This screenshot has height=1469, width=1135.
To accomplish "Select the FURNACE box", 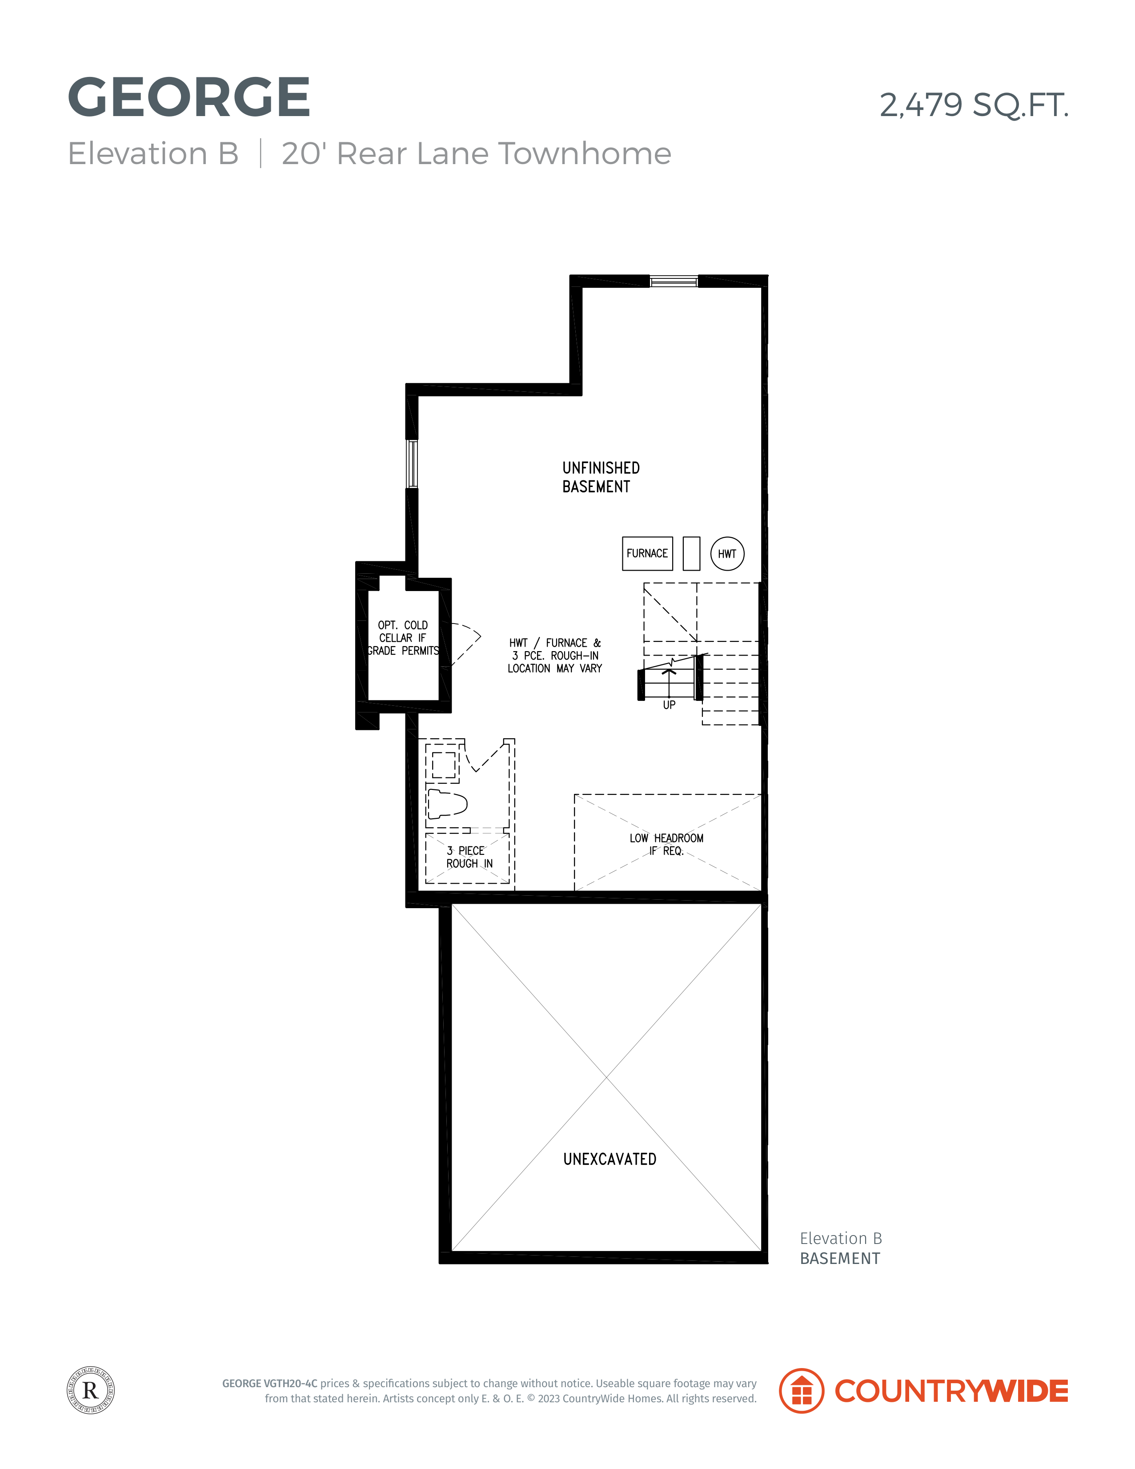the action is [x=647, y=554].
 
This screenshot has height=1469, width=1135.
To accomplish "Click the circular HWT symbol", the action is [x=727, y=554].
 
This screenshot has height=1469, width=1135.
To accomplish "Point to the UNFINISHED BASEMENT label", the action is [x=601, y=477].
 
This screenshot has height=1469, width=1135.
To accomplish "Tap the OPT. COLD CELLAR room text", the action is [x=403, y=638].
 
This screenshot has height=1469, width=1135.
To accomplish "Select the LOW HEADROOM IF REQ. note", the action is [x=666, y=844].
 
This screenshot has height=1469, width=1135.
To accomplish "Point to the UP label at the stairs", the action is [x=669, y=705].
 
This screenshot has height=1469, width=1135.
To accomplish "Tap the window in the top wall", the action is [x=674, y=281].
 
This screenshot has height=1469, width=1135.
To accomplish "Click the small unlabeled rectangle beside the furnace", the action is [x=691, y=554].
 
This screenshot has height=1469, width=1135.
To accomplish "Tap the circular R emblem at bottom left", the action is [x=91, y=1390].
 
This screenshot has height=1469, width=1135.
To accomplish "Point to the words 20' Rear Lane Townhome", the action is [x=476, y=154].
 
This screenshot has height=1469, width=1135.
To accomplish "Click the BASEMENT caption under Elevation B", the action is [x=840, y=1259].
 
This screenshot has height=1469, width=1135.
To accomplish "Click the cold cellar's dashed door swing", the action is [x=466, y=644].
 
